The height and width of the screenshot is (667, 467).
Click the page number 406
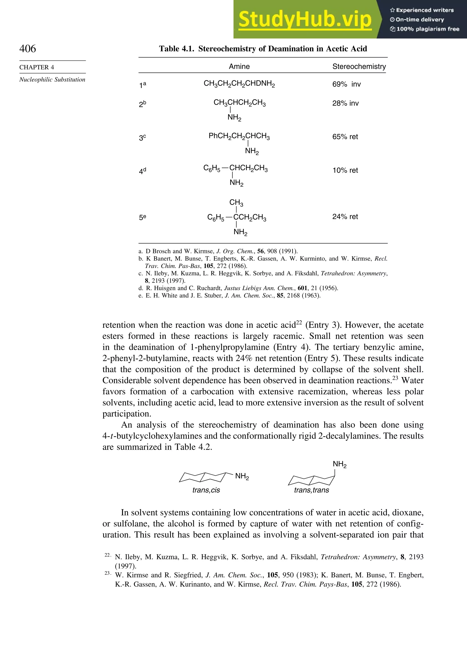click(28, 49)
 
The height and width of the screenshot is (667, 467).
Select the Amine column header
click(239, 67)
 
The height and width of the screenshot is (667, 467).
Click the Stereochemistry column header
click(359, 67)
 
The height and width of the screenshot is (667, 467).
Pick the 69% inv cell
click(346, 84)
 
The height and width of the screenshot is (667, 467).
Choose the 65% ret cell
click(345, 137)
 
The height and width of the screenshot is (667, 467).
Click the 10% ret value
click(345, 171)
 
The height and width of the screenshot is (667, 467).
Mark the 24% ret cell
click(345, 217)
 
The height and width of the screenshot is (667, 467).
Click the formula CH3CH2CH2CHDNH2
click(239, 84)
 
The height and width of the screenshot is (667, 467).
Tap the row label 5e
click(142, 217)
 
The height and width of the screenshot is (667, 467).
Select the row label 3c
click(142, 137)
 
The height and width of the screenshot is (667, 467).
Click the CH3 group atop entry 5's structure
click(236, 202)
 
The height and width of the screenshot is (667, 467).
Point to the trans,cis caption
click(206, 490)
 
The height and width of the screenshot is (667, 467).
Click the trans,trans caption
click(311, 490)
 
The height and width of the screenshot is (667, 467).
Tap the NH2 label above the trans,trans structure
click(340, 464)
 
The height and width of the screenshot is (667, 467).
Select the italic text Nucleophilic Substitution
click(52, 80)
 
